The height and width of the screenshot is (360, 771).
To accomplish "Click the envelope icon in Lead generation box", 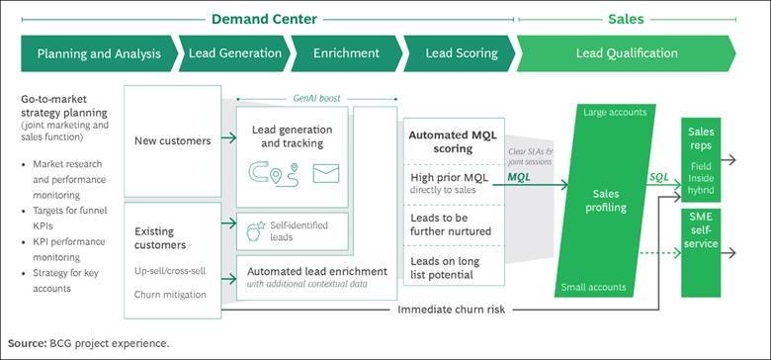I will pos(324,174).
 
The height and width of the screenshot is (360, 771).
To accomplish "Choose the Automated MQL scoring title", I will pos(457,141).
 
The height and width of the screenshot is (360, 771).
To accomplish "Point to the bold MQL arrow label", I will pos(519,177).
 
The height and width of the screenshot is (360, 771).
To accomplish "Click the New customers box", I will pos(173,140).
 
